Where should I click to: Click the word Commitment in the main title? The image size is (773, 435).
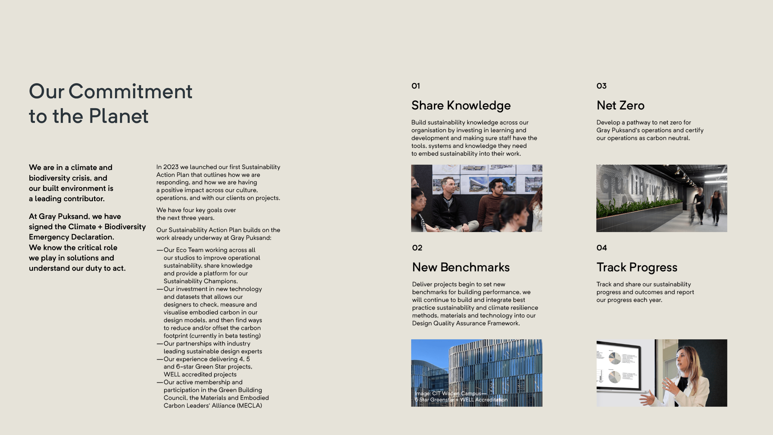pos(130,92)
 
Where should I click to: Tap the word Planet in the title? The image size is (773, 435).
pos(118,116)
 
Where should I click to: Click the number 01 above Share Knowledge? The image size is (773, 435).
pos(415,86)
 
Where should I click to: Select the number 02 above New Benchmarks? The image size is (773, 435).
pos(417,248)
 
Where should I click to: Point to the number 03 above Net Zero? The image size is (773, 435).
pos(601,86)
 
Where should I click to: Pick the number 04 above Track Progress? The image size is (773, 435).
pos(602,248)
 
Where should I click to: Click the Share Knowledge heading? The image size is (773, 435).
pos(461,106)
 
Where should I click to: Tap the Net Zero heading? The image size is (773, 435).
pos(620,106)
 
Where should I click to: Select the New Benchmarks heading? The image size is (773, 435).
pos(461,268)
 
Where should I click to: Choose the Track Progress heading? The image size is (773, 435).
pos(637,268)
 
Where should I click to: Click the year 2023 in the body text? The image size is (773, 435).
pos(171,167)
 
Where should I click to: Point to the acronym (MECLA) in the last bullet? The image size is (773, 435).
pos(249,406)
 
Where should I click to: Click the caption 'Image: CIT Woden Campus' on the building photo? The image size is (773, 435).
pos(450,394)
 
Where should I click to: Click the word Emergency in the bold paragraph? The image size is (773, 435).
pos(49,237)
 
